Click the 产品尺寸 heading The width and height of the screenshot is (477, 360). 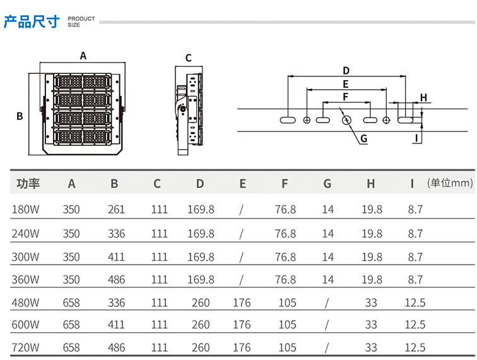(32, 22)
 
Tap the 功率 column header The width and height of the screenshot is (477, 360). (28, 184)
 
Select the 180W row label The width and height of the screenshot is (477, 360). (26, 210)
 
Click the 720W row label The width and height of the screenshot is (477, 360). (26, 347)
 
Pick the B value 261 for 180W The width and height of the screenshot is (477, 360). (116, 210)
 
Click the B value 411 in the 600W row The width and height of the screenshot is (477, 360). (116, 325)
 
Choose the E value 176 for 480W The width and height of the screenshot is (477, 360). (242, 303)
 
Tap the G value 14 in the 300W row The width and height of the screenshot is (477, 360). (327, 257)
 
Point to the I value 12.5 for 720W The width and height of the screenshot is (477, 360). (415, 347)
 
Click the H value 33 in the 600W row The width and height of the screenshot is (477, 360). (370, 325)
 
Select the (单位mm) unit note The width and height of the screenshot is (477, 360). (450, 183)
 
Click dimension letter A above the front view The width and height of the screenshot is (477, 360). (83, 56)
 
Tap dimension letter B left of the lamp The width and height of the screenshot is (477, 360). (20, 116)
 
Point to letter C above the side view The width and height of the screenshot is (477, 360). (188, 59)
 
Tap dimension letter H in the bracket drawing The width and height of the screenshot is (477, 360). (424, 97)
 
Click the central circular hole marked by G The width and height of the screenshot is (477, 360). (346, 119)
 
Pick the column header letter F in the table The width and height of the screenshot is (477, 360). (285, 184)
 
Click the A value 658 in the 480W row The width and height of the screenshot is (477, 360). (71, 303)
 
